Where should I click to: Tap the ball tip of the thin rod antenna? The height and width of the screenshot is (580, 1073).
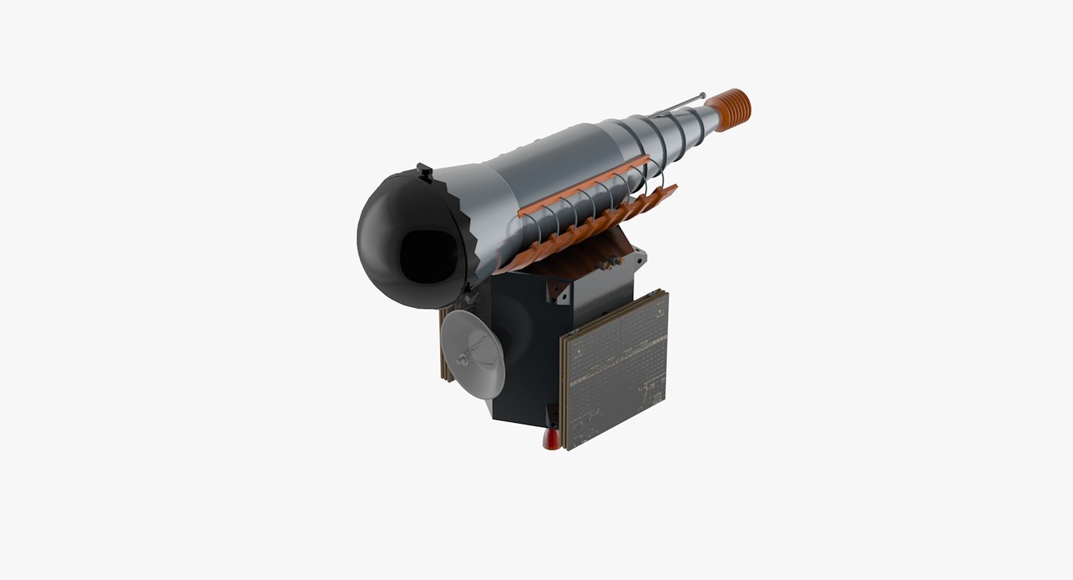click(702, 95)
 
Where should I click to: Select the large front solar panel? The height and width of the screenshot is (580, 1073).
click(618, 372)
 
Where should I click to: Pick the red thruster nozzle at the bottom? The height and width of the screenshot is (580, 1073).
click(550, 440)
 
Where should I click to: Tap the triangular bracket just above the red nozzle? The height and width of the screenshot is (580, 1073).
click(551, 416)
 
